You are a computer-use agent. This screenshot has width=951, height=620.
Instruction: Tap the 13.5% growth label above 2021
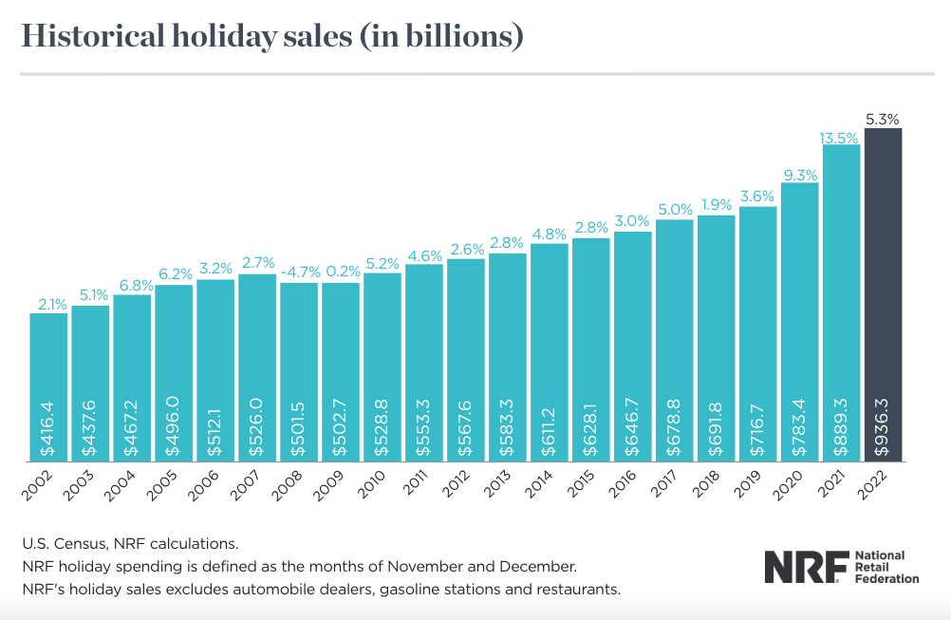841,137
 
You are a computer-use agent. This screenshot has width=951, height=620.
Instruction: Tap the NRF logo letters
805,567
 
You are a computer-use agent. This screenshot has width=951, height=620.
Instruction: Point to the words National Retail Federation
887,567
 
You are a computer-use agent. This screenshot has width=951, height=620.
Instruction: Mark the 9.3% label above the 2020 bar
799,175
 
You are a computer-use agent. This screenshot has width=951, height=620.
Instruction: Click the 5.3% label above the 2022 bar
883,120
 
